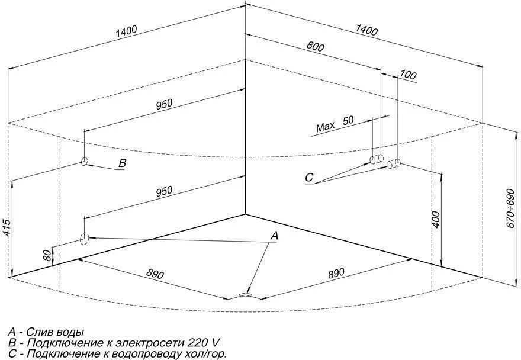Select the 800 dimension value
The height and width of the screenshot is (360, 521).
pos(315,47)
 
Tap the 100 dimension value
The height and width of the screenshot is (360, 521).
pos(409,75)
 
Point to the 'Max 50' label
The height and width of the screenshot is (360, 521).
pos(335,123)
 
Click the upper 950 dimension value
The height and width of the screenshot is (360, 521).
pos(164,104)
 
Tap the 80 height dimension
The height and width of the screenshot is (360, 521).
pos(47,255)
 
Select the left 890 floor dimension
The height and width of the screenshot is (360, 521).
pos(155,274)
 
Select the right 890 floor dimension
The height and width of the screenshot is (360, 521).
pos(335,273)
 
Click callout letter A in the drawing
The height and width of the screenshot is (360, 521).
pos(274,236)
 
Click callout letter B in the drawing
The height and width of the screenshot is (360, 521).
pos(123,164)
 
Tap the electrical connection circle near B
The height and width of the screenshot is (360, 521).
pos(85,161)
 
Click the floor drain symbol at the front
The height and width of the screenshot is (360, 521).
pos(245,294)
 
